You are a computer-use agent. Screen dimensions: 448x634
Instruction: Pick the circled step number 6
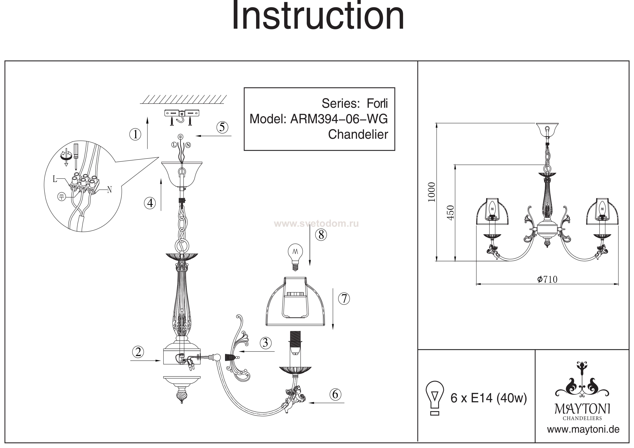point(335,394)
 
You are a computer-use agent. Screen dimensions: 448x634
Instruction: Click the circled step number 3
point(265,343)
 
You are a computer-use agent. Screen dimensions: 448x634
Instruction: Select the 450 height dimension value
point(450,213)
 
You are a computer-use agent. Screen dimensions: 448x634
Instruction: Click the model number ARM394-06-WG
point(339,119)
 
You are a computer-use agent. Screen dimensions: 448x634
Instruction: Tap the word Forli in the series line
point(377,104)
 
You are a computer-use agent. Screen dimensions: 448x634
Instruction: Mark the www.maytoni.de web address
point(583,430)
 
